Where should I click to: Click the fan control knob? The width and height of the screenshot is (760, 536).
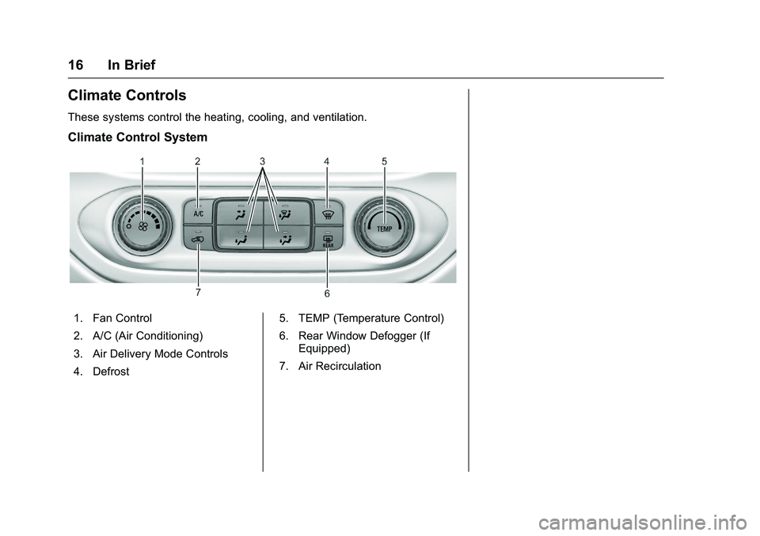pos(143,226)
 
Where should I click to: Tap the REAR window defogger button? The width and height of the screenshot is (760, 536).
pos(327,240)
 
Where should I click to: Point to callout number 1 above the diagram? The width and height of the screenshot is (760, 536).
pos(142,161)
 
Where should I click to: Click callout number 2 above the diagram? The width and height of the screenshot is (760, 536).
pos(197,161)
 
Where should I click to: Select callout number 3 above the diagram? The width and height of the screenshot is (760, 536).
pos(261,161)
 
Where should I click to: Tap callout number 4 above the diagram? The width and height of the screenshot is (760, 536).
pos(326,161)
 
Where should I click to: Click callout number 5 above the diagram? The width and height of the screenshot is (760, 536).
pos(384,161)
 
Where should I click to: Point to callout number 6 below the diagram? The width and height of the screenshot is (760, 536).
pos(327,294)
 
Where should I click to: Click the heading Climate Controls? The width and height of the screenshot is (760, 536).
pos(127,96)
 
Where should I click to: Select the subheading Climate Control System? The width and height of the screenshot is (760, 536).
pos(138,137)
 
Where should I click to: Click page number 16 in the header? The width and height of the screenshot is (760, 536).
pos(76,65)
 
